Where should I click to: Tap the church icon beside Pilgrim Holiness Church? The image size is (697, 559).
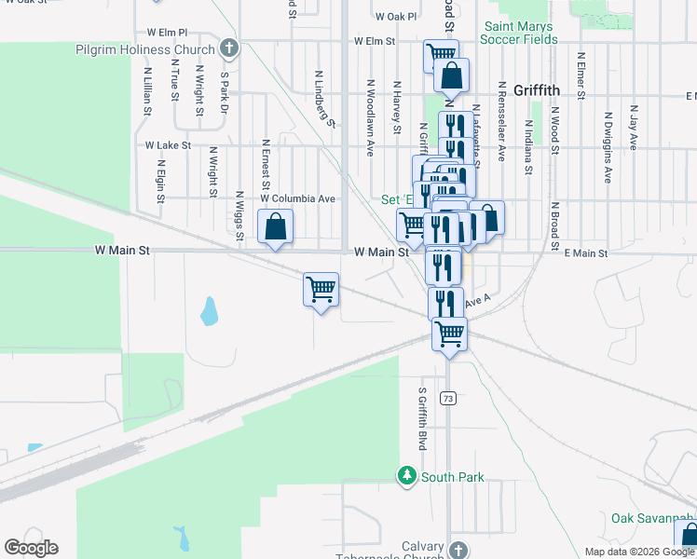[x=230, y=48]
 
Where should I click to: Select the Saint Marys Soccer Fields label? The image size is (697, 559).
[x=518, y=34]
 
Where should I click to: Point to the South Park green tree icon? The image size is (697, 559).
[x=406, y=476]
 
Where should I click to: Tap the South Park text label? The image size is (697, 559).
[x=453, y=477]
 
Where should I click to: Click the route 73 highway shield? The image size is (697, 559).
[x=449, y=399]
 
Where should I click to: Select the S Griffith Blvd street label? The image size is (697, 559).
[x=422, y=419]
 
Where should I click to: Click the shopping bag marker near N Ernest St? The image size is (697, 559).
[x=275, y=225]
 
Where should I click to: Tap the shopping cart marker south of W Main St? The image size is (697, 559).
[x=321, y=289]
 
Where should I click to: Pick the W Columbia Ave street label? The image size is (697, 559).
[x=297, y=198]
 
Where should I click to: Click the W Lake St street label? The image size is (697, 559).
[x=168, y=145]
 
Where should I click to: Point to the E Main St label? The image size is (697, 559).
[x=585, y=253]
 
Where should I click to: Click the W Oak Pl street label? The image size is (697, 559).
[x=397, y=17]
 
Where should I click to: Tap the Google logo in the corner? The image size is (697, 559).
[x=31, y=548]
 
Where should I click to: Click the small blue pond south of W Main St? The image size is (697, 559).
[x=210, y=311]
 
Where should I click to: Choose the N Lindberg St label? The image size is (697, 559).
[x=323, y=97]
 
